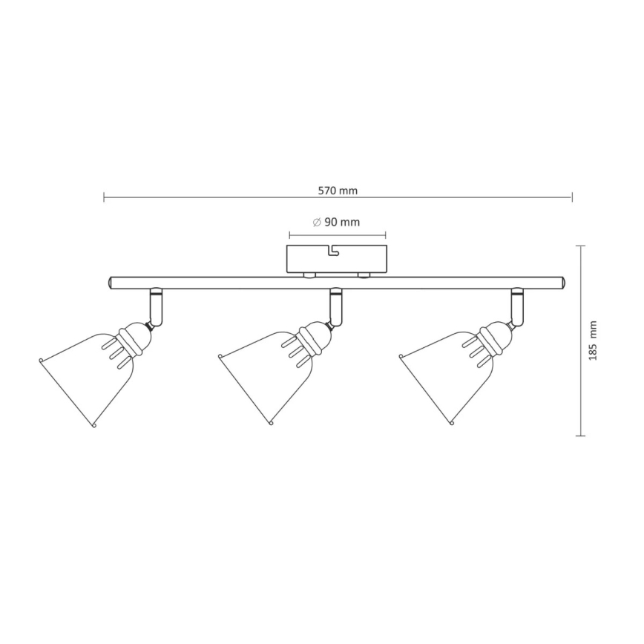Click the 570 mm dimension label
click(338, 190)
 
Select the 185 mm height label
click(592, 341)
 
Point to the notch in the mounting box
click(332, 252)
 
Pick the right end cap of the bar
click(564, 282)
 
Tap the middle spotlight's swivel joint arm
click(336, 306)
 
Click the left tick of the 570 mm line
click(104, 197)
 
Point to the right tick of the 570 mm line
click(572, 197)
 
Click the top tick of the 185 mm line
click(581, 246)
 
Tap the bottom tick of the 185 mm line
click(581, 436)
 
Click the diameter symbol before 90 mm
click(316, 222)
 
